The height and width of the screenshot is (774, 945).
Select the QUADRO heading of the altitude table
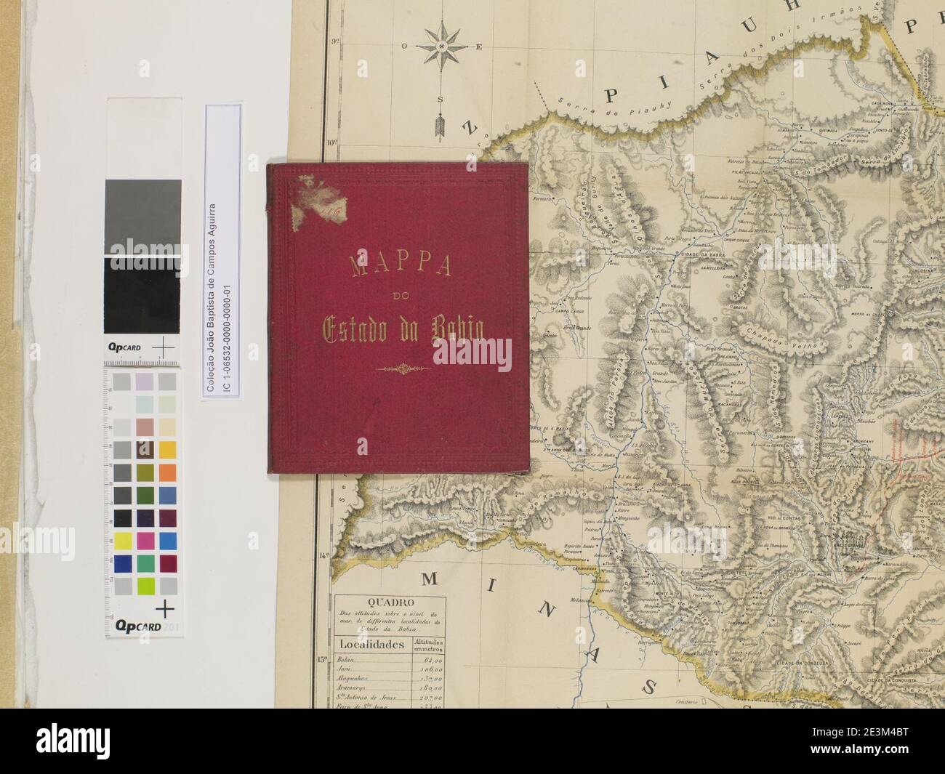[391, 602]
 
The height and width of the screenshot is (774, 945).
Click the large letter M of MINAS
[431, 579]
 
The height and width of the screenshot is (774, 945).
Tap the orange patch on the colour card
[168, 471]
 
